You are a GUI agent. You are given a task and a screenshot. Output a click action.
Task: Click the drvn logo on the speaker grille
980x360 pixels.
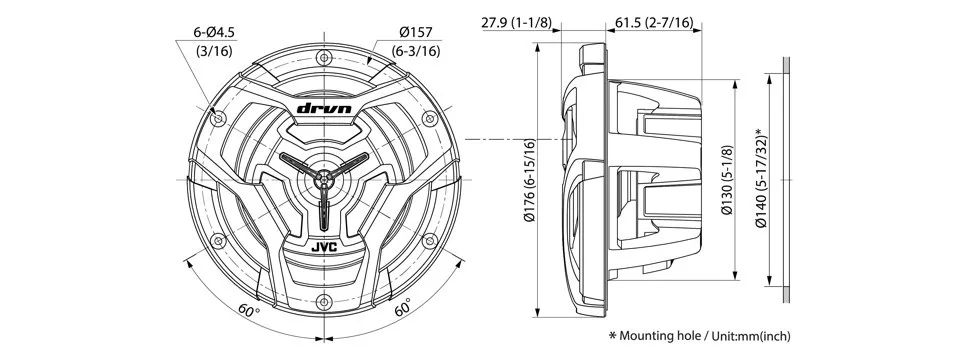pyautogui.click(x=324, y=108)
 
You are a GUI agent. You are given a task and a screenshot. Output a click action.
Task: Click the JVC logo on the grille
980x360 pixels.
pyautogui.click(x=324, y=247)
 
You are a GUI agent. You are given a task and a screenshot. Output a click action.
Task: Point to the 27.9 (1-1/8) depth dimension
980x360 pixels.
pyautogui.click(x=517, y=23)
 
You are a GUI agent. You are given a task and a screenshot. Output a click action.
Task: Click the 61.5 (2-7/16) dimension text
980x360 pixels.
pyautogui.click(x=654, y=23)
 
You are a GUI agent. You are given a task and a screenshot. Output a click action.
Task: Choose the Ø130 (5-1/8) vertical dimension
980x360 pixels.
pyautogui.click(x=726, y=180)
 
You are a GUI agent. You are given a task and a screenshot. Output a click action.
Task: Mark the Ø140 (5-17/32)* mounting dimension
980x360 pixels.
pyautogui.click(x=760, y=178)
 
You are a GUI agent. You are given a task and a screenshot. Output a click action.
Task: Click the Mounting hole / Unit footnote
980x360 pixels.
pyautogui.click(x=699, y=336)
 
